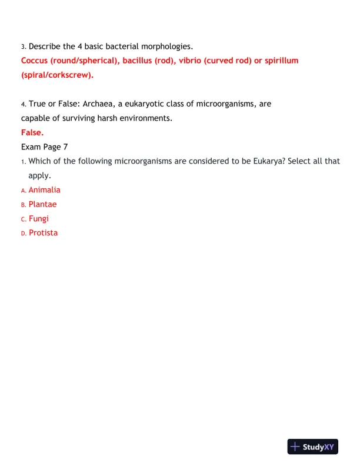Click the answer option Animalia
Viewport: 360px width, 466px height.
point(44,190)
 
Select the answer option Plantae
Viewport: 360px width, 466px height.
point(42,204)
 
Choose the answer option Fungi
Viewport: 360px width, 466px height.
point(39,218)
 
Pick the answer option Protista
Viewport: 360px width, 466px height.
point(43,232)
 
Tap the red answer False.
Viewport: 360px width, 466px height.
point(32,132)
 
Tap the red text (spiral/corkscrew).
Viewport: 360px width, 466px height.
point(57,75)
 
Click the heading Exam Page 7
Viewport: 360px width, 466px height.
point(45,147)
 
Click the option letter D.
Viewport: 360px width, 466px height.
point(24,233)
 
